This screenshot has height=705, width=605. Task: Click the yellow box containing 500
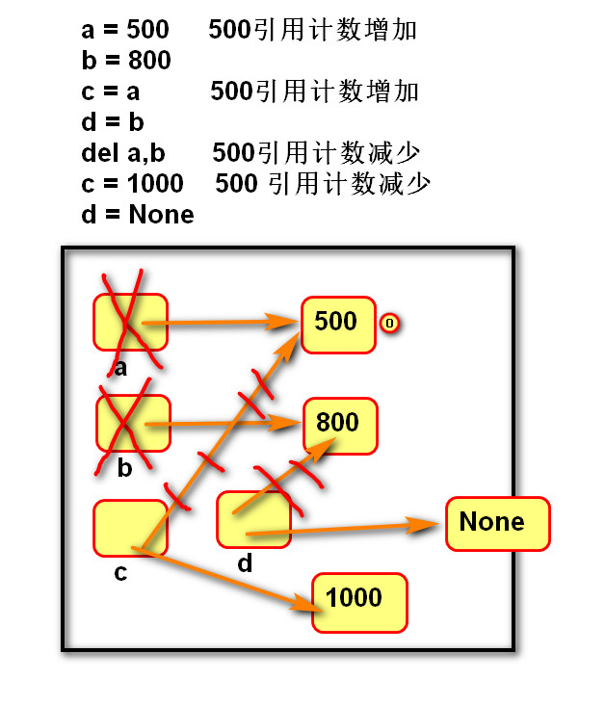pyautogui.click(x=338, y=325)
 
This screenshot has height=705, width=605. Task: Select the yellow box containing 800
pyautogui.click(x=340, y=426)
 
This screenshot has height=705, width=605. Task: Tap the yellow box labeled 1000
pyautogui.click(x=360, y=603)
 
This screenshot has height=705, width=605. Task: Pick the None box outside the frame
pyautogui.click(x=498, y=524)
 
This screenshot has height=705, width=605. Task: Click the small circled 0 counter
pyautogui.click(x=389, y=324)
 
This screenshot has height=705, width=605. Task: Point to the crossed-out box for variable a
pyautogui.click(x=130, y=322)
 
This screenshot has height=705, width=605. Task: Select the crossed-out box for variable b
pyautogui.click(x=134, y=423)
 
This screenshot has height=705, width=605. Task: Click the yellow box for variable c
pyautogui.click(x=130, y=528)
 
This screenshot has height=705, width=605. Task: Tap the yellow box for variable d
pyautogui.click(x=254, y=519)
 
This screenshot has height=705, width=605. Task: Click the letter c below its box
pyautogui.click(x=120, y=572)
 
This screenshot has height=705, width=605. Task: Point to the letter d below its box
pyautogui.click(x=245, y=563)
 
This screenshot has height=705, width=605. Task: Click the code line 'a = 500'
pyautogui.click(x=125, y=30)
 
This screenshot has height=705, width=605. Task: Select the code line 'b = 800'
pyautogui.click(x=126, y=61)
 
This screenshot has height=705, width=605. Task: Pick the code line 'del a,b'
pyautogui.click(x=123, y=153)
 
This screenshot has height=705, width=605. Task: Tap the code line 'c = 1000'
pyautogui.click(x=132, y=183)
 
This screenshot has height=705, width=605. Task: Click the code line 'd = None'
pyautogui.click(x=138, y=215)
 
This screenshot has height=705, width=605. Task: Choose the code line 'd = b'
pyautogui.click(x=113, y=122)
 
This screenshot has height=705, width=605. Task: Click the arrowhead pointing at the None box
pyautogui.click(x=422, y=525)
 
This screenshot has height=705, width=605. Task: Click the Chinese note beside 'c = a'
pyautogui.click(x=314, y=91)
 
